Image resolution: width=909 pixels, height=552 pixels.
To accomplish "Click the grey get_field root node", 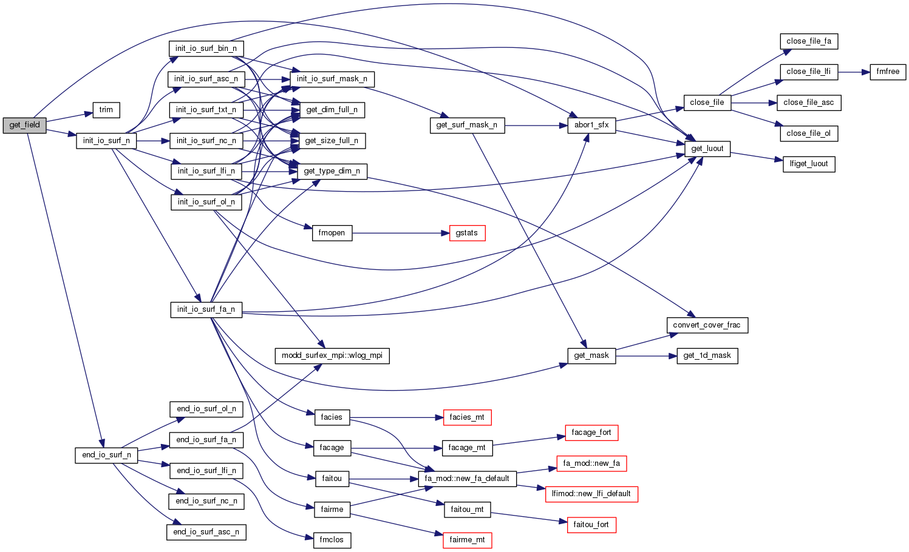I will point(24,125).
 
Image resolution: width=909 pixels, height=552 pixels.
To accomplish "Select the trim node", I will point(106,110).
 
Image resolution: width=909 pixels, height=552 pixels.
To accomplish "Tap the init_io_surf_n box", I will point(106,141).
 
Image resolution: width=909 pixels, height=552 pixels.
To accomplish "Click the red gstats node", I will point(467,233).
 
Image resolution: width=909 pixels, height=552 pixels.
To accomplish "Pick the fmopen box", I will point(332,233).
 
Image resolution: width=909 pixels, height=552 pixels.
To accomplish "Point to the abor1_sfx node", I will point(591,125).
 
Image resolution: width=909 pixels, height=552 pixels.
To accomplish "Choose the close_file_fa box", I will point(808,41).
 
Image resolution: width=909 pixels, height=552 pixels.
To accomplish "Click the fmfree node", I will point(888,72).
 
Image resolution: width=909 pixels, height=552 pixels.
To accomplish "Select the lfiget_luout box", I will point(809,164).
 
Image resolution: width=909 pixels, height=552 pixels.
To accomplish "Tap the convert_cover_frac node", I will point(707,325).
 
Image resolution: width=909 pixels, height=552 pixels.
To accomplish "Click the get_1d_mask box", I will point(707,355).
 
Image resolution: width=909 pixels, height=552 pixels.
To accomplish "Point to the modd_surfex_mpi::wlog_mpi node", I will point(332,355).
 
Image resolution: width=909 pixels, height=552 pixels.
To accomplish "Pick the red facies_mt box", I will point(467,417).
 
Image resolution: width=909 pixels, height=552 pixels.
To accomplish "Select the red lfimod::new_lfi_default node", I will point(591,494).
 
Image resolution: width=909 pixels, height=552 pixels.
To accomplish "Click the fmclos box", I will point(332,540).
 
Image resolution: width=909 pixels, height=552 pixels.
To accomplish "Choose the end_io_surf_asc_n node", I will point(206,532).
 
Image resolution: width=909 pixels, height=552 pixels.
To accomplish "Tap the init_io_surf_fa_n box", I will point(206,309).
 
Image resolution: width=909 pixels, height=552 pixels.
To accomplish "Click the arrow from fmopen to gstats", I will point(401,233).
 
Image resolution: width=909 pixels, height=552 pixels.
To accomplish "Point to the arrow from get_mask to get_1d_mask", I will point(646,355).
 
